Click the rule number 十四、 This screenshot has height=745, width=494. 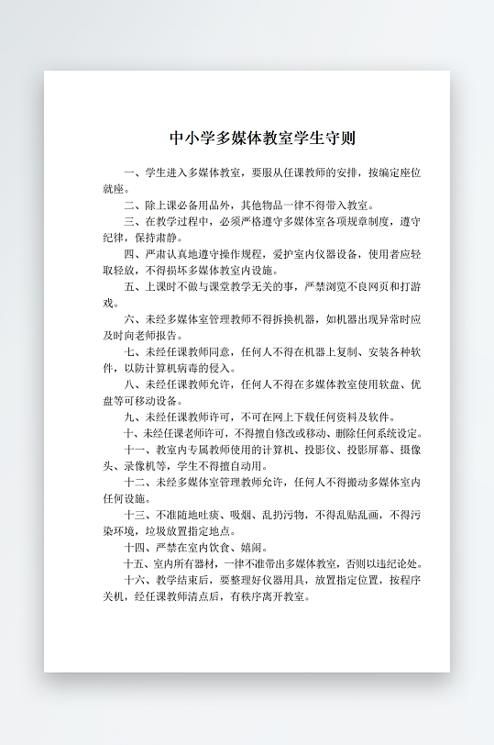coord(137,547)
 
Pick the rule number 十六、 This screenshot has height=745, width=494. coord(137,580)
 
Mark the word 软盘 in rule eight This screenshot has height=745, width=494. coord(384,384)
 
